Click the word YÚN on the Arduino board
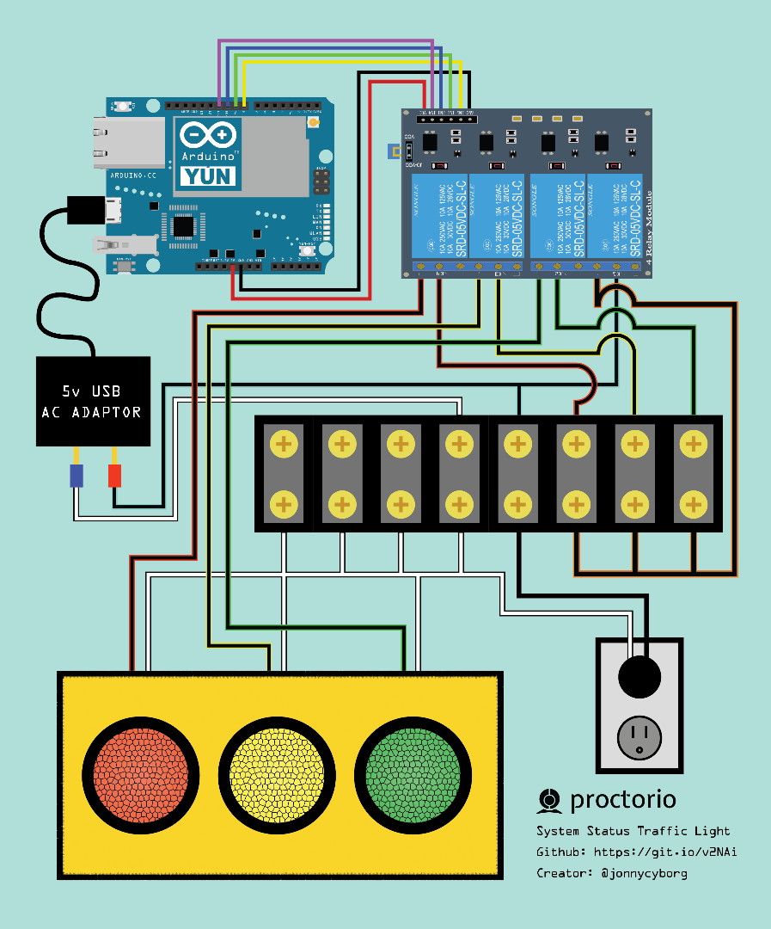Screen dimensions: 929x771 pyautogui.click(x=207, y=176)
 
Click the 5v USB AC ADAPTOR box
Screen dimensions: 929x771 pyautogui.click(x=93, y=402)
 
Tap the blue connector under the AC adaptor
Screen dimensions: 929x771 pyautogui.click(x=76, y=476)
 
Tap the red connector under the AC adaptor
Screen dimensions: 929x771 pyautogui.click(x=114, y=476)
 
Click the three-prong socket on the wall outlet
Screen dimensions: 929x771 pyautogui.click(x=639, y=739)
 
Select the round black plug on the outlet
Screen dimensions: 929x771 pyautogui.click(x=639, y=677)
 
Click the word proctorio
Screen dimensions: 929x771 pyautogui.click(x=622, y=800)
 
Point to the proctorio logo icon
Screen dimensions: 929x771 pyautogui.click(x=548, y=801)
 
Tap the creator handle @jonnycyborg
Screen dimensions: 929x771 pyautogui.click(x=644, y=872)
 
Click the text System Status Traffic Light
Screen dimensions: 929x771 pyautogui.click(x=633, y=831)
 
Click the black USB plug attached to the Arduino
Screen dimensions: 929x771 pyautogui.click(x=84, y=210)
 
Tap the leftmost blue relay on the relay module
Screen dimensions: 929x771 pyautogui.click(x=439, y=217)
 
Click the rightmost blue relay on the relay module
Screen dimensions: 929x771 pyautogui.click(x=615, y=217)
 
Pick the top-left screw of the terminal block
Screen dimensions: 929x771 pyautogui.click(x=284, y=444)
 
